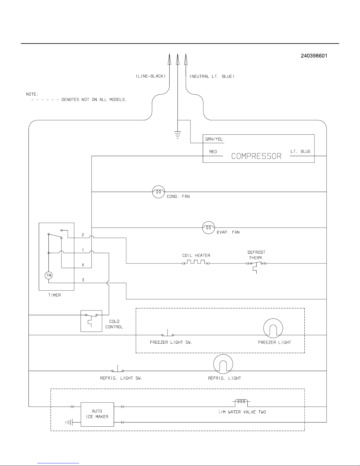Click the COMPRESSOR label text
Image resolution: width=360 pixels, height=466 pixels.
coord(256,156)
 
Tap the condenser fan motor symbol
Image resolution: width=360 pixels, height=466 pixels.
coord(159,192)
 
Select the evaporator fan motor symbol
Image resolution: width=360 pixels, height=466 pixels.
coord(208,228)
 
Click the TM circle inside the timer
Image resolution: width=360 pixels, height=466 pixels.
coord(49,275)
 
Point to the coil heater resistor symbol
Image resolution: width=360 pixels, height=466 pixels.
coord(196,262)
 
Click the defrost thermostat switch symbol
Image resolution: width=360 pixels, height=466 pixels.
coord(256,266)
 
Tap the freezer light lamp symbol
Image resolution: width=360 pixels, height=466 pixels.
coord(273,328)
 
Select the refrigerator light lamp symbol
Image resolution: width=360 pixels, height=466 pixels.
coord(223,364)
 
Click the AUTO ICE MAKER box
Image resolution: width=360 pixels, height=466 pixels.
coord(97,414)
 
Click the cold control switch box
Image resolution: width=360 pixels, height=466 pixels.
coord(91,321)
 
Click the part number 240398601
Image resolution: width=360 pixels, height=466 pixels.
coord(314,56)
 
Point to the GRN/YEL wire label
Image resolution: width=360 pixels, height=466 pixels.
coord(214,139)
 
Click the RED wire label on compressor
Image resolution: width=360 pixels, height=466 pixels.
coord(213,152)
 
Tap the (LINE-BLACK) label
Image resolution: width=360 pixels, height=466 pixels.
coord(151,76)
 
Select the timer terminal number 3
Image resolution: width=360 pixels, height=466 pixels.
coord(83,280)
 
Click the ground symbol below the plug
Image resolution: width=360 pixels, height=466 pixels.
coord(178,135)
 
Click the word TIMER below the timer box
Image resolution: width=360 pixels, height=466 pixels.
coord(54,295)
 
